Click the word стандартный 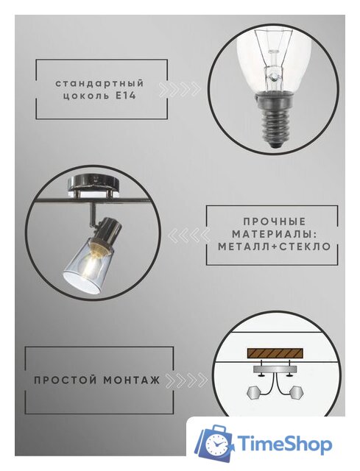coord(99,84)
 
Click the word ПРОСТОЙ coord(63,380)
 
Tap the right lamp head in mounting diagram coord(297,390)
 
